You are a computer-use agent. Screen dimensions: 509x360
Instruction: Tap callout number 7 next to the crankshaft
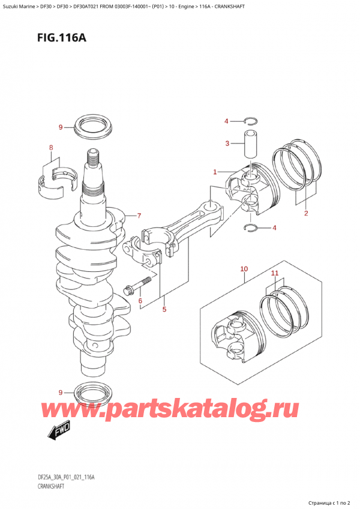tap(139, 215)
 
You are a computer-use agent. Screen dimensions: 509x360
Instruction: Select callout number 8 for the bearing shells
tap(51, 148)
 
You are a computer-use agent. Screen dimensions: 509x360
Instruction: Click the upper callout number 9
tap(61, 127)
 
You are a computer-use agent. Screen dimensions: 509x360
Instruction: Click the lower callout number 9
tap(61, 393)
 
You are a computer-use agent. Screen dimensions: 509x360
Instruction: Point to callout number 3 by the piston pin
tap(227, 143)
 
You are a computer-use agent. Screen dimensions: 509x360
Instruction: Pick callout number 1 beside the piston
tap(214, 173)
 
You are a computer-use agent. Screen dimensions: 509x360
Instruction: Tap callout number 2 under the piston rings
tap(305, 213)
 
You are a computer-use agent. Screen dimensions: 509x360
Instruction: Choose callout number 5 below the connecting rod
tap(163, 310)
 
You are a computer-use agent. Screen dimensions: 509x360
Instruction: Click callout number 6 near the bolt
tap(139, 301)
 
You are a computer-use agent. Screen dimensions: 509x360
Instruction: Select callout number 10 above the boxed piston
tap(244, 269)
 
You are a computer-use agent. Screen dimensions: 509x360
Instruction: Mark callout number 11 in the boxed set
tap(275, 274)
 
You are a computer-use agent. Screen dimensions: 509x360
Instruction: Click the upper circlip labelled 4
tap(251, 122)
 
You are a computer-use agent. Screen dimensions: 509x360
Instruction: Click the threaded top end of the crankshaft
tap(93, 160)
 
